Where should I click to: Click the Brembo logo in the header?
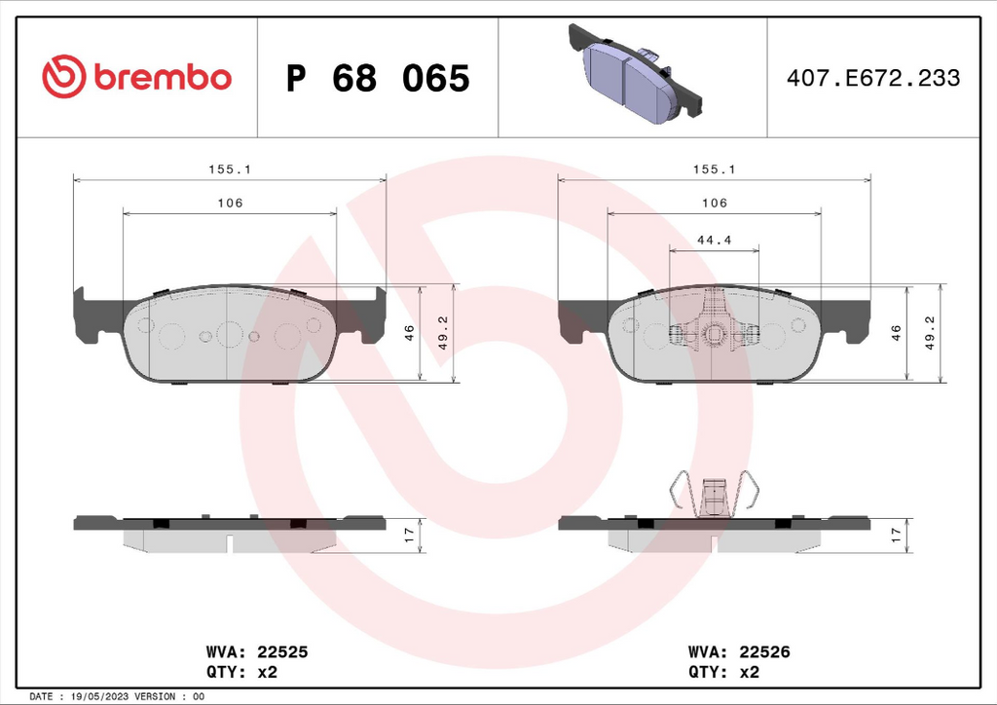click(136, 77)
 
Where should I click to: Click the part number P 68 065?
click(378, 78)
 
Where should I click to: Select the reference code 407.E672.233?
click(873, 78)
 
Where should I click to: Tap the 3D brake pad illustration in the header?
click(635, 72)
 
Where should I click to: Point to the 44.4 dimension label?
click(714, 240)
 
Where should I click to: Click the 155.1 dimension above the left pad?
click(230, 169)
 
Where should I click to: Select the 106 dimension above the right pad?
click(714, 203)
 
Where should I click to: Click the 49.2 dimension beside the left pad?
click(443, 333)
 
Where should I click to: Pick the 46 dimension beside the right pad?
click(896, 332)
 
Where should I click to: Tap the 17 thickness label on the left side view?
click(409, 535)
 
